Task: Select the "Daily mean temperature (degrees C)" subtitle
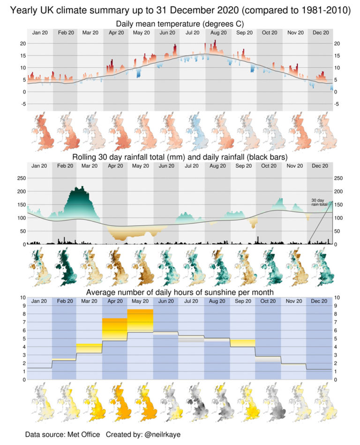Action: coord(180,24)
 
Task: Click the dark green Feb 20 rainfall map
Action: coord(65,268)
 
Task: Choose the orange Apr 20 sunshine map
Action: coord(116,403)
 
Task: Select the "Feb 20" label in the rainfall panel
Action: coord(65,166)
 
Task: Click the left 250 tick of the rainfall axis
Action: coord(20,178)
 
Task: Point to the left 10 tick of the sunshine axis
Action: coord(18,297)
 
